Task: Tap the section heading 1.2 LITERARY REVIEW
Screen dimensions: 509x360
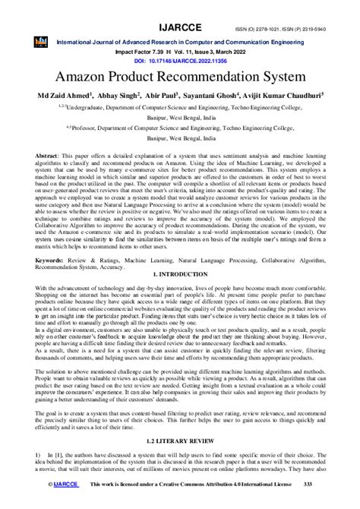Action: [180, 441]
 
